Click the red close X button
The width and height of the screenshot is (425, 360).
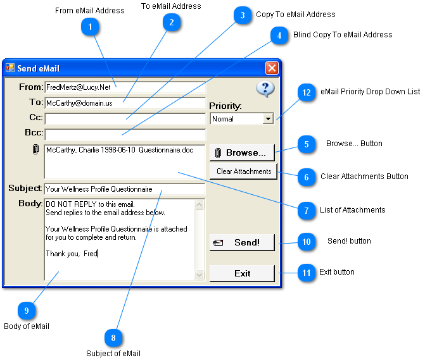pyautogui.click(x=272, y=68)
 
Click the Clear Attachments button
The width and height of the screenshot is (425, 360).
pyautogui.click(x=243, y=171)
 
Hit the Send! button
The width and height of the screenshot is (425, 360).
pyautogui.click(x=242, y=242)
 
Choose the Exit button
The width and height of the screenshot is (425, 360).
pyautogui.click(x=242, y=273)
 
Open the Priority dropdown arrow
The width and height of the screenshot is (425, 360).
pyautogui.click(x=268, y=119)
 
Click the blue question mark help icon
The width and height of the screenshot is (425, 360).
pyautogui.click(x=265, y=89)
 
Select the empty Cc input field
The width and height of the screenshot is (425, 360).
pyautogui.click(x=125, y=119)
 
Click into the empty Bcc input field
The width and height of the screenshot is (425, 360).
pyautogui.click(x=125, y=135)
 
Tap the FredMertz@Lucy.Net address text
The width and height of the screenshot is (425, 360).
pyautogui.click(x=79, y=87)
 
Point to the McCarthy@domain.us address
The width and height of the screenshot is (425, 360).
pyautogui.click(x=79, y=103)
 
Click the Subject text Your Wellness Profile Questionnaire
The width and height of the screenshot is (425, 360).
pyautogui.click(x=99, y=189)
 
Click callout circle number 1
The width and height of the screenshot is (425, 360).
pyautogui.click(x=90, y=27)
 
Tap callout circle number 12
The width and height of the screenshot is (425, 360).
pyautogui.click(x=307, y=92)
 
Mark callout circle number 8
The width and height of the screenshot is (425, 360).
pyautogui.click(x=113, y=337)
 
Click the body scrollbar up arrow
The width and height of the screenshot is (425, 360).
pyautogui.click(x=200, y=204)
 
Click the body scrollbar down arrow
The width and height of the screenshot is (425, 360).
pyautogui.click(x=200, y=275)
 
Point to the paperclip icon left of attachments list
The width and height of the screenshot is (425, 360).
pyautogui.click(x=35, y=149)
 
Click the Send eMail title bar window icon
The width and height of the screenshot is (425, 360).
pyautogui.click(x=10, y=68)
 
